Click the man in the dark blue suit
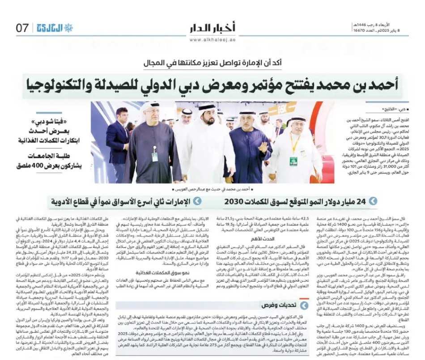click(117, 141)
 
